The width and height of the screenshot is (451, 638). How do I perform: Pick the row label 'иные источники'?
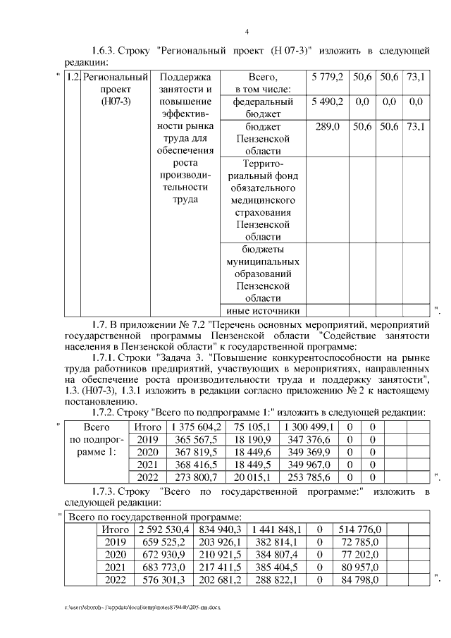pyautogui.click(x=262, y=311)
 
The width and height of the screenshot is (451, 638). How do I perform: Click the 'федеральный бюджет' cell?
pyautogui.click(x=262, y=108)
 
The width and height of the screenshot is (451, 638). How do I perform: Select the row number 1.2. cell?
pyautogui.click(x=72, y=76)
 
